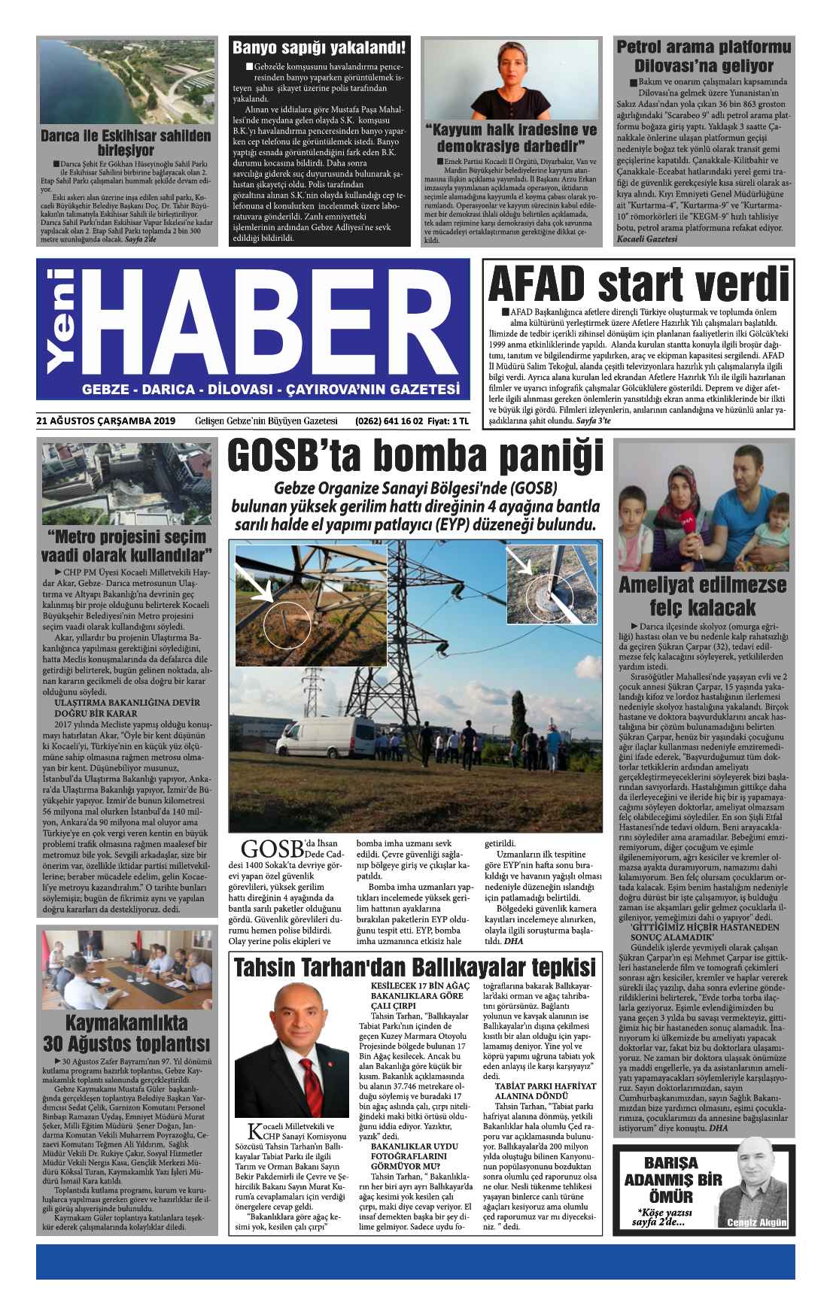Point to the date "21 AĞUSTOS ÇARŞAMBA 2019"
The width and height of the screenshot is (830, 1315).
(x=105, y=421)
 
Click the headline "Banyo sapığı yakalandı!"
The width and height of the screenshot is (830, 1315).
(x=319, y=48)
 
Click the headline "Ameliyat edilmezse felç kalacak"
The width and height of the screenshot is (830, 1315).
(x=702, y=596)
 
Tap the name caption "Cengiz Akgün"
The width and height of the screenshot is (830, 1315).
(x=756, y=1222)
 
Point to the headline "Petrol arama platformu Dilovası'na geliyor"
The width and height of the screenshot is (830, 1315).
(x=704, y=56)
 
